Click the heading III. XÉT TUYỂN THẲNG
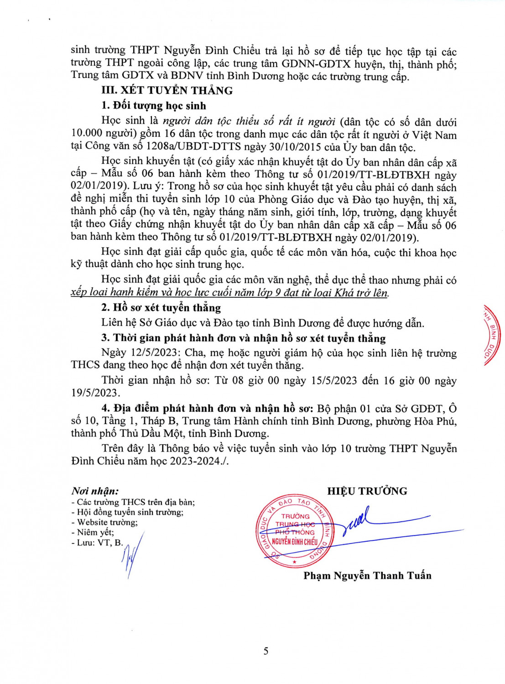(x=167, y=90)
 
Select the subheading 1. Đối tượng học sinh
(x=154, y=106)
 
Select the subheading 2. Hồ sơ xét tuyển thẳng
(x=161, y=308)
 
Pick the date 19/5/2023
(x=94, y=393)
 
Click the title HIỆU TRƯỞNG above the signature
(x=367, y=491)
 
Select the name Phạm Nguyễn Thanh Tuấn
(x=367, y=575)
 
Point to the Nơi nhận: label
(x=95, y=491)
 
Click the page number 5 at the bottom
(x=266, y=651)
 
